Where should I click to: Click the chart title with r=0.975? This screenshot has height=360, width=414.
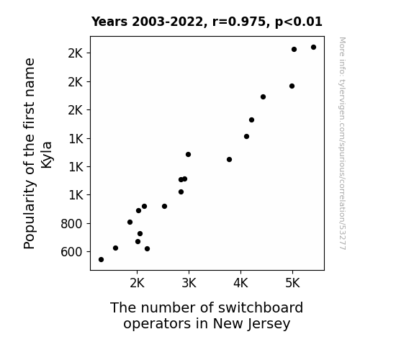[207, 22]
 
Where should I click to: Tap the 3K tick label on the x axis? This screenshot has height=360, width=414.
[189, 284]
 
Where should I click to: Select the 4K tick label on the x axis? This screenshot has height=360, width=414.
[240, 284]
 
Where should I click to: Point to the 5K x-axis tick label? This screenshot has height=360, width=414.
[292, 284]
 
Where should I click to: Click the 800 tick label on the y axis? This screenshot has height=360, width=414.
[71, 224]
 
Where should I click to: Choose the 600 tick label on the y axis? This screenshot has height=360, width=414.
[71, 252]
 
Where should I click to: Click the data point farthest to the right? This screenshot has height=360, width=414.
[313, 48]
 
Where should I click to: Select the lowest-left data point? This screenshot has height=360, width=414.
[101, 260]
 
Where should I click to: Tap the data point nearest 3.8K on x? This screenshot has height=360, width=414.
[229, 160]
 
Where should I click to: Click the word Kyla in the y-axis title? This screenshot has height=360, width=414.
[47, 155]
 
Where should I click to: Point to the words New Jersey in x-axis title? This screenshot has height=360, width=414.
[251, 323]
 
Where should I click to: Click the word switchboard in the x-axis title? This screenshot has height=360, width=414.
[261, 307]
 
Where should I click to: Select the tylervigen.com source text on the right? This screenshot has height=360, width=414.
[342, 143]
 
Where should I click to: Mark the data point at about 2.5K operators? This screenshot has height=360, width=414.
[164, 207]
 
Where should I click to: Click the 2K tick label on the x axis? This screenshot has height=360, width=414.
[137, 284]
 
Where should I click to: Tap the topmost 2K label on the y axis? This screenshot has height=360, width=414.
[76, 53]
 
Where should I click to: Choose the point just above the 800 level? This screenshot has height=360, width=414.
[130, 222]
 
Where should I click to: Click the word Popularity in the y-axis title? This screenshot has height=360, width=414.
[29, 215]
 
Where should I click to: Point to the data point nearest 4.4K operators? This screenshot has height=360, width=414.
[263, 97]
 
